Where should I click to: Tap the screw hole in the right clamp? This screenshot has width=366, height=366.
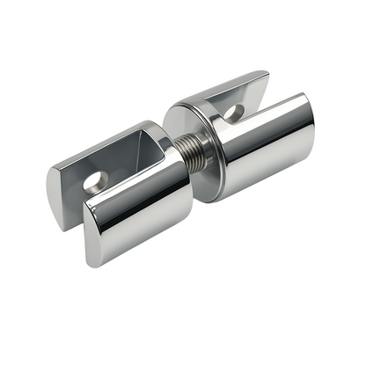[234, 113]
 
